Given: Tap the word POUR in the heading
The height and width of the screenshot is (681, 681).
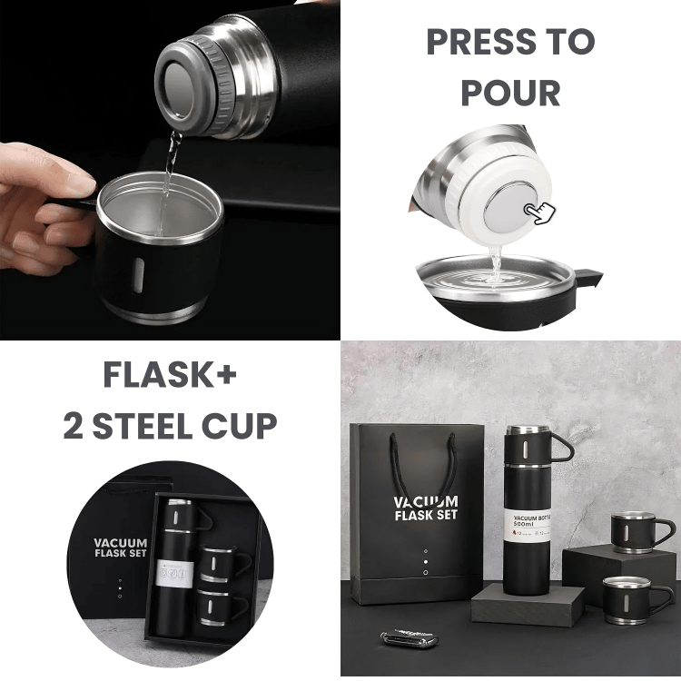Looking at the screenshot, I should (510, 92).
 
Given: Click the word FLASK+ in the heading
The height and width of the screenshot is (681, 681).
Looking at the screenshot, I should (170, 374).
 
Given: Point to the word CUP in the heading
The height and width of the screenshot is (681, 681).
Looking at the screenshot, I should (246, 424).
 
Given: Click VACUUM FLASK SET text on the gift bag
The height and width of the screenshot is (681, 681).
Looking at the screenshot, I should (425, 509).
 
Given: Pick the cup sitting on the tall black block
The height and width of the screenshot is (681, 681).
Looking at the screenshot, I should (639, 531).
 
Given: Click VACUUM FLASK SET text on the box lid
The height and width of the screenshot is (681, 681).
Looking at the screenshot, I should (120, 548).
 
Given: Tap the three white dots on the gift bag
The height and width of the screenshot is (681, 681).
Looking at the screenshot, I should (425, 561).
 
